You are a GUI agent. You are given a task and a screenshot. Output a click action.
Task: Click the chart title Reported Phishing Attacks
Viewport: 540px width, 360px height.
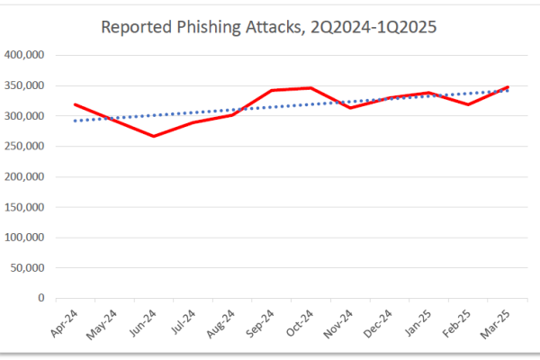[269, 26]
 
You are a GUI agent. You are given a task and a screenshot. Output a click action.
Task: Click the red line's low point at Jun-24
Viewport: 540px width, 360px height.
[154, 136]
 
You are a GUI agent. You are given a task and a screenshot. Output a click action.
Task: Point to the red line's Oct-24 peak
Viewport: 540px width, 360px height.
[311, 88]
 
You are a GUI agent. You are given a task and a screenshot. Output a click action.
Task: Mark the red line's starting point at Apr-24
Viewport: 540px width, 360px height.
[76, 104]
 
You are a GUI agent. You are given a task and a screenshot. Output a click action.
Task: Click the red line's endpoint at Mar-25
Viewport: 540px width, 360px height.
[508, 87]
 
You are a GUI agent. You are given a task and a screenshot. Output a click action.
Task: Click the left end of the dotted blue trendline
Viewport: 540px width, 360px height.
[76, 121]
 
